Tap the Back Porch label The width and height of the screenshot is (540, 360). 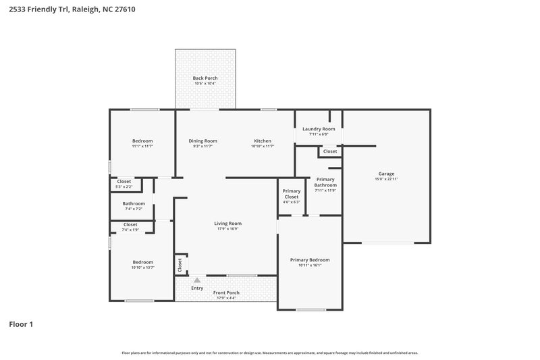tap(205, 78)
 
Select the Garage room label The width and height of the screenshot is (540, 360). tap(386, 174)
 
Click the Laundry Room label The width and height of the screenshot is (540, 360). tap(319, 129)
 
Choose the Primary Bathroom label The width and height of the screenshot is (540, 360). tap(325, 182)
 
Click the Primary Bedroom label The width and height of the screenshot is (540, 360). tap(310, 260)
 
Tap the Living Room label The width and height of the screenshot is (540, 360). tap(228, 224)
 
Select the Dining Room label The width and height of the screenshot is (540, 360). tap(202, 140)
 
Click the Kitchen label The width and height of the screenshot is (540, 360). tap(263, 140)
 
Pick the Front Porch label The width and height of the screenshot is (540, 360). tap(226, 292)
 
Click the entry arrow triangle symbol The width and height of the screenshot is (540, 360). tap(197, 280)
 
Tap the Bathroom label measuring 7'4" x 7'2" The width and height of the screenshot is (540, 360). tap(134, 203)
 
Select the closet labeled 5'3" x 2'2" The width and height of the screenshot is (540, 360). tap(124, 186)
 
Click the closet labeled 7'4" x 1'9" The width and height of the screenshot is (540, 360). tap(130, 230)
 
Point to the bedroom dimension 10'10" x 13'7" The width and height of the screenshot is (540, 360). tap(142, 267)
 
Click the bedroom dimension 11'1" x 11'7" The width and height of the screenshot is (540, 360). tap(142, 146)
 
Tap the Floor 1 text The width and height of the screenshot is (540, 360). tap(21, 324)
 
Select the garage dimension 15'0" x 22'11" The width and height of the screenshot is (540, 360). tap(386, 179)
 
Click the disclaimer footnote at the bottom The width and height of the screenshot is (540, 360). tap(270, 353)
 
